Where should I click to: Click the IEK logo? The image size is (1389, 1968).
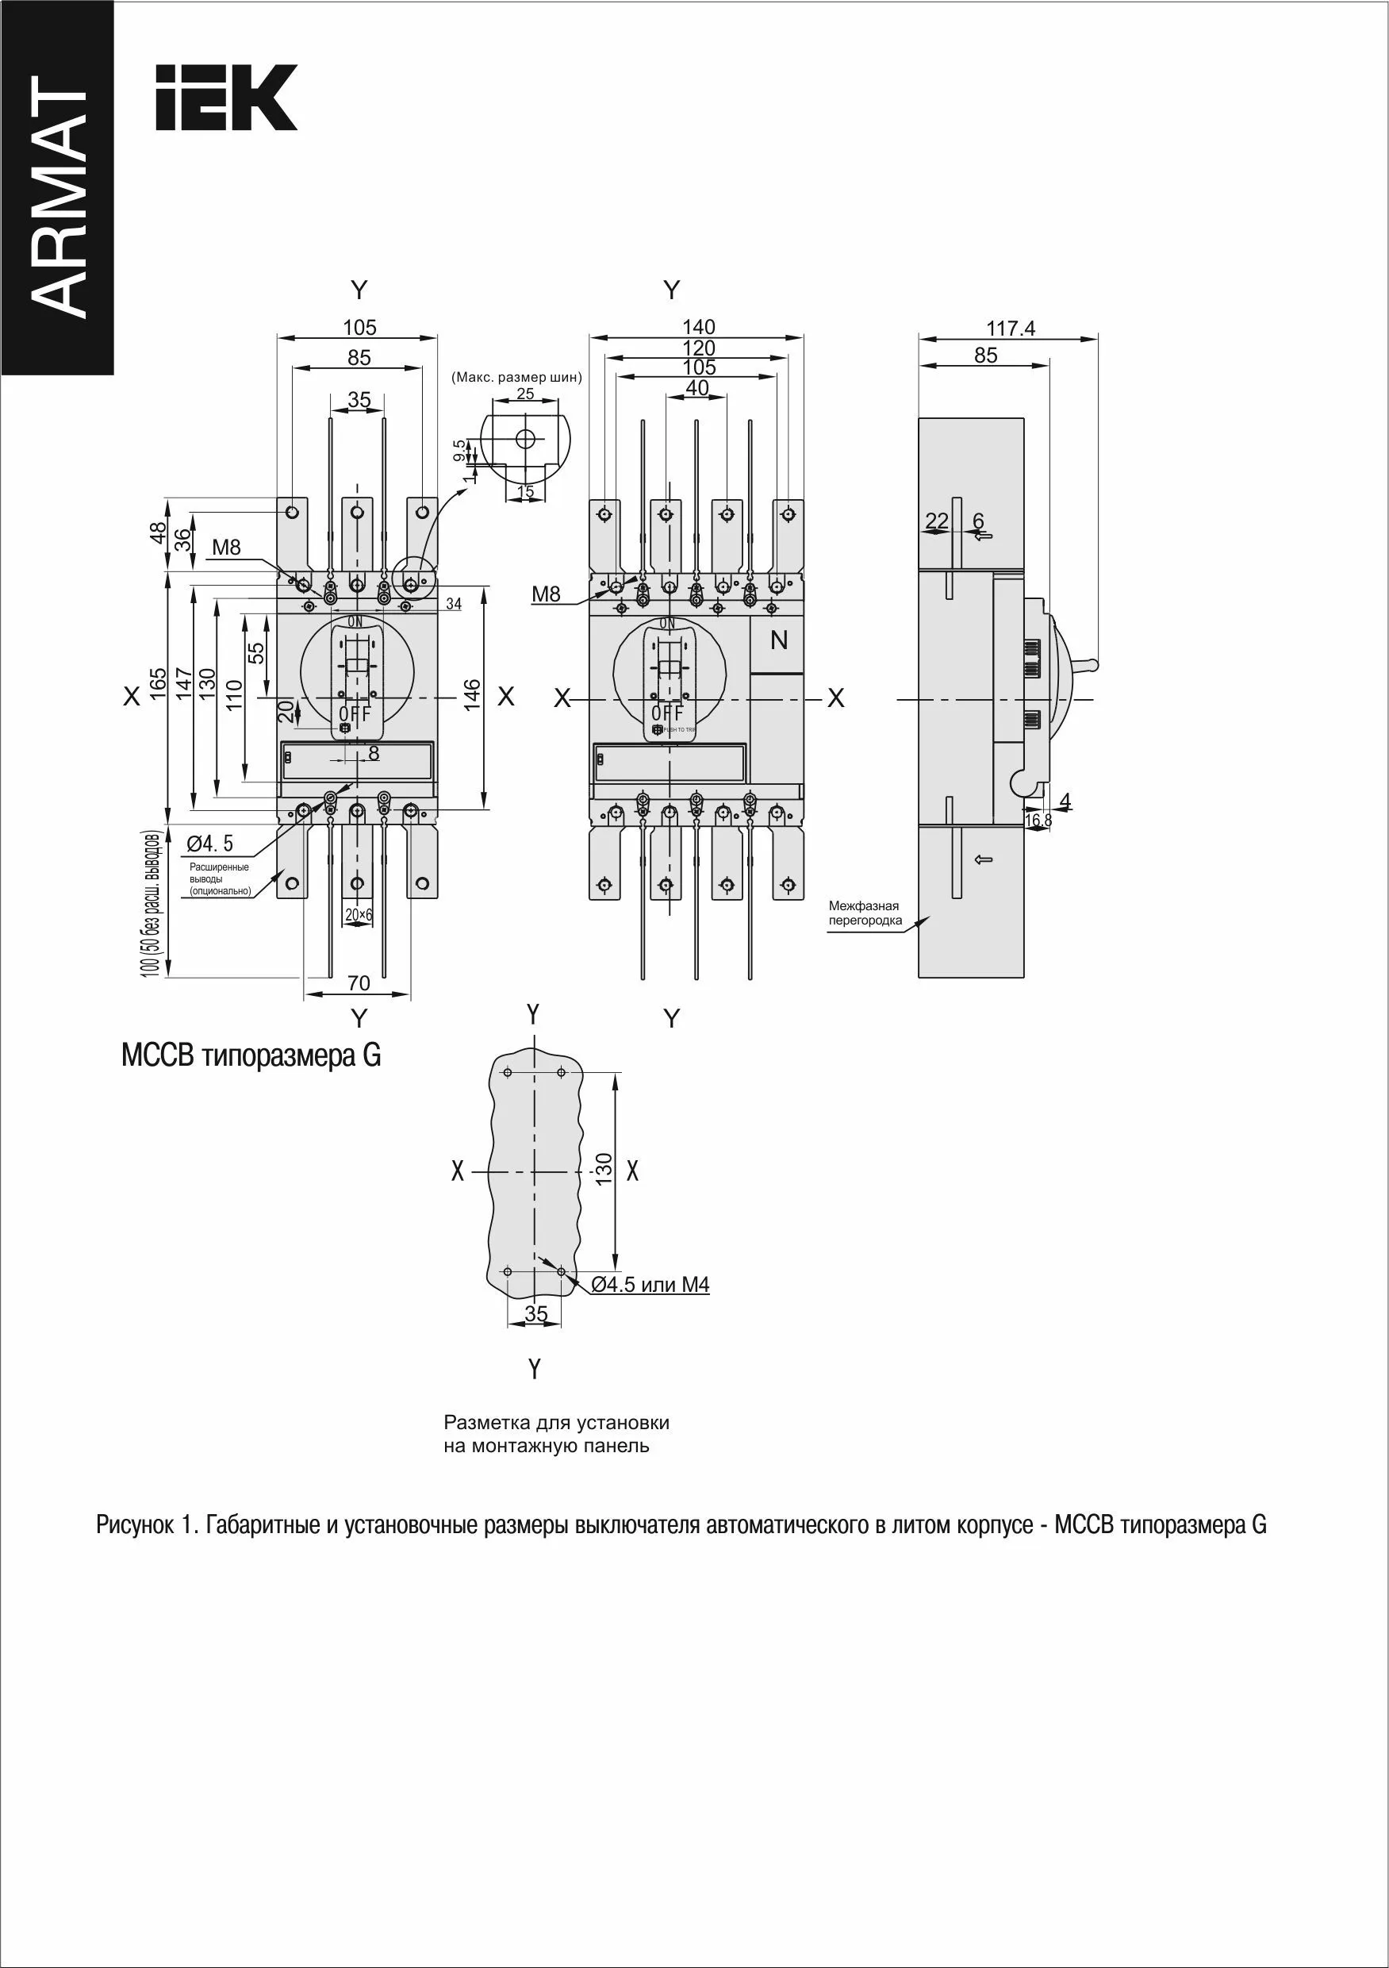[x=226, y=97]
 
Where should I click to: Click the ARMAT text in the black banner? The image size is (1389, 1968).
[x=58, y=197]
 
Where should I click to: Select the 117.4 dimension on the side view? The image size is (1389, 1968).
[x=1011, y=329]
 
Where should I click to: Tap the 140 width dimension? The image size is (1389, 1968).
[x=698, y=327]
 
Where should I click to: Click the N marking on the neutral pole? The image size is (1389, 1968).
[x=779, y=640]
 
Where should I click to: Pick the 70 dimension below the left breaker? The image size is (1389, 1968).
[x=359, y=983]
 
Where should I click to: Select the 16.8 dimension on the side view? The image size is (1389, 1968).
[x=1038, y=821]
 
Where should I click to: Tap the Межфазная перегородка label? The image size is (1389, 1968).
[x=865, y=913]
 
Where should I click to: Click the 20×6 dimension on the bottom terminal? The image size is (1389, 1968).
[x=359, y=915]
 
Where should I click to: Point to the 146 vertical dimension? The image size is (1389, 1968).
[x=472, y=696]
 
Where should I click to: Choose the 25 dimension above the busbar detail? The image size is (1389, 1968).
[x=525, y=394]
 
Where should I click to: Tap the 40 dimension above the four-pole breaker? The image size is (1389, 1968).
[x=697, y=387]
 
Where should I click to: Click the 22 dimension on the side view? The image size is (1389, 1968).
[x=938, y=521]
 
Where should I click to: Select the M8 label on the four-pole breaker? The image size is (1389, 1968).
[x=546, y=594]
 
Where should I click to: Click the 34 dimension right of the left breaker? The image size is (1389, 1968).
[x=453, y=604]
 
